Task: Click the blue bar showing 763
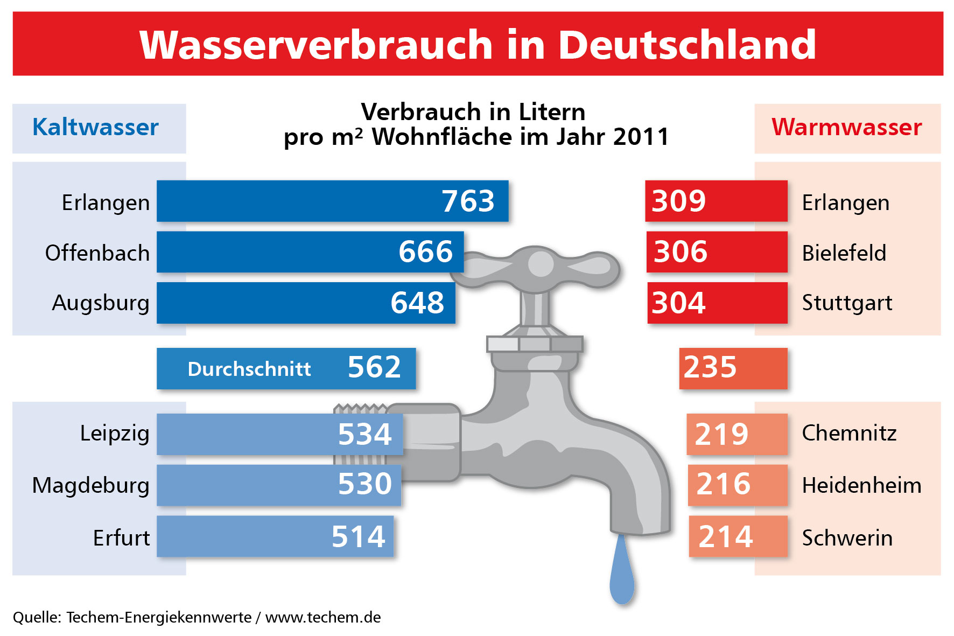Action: (x=332, y=201)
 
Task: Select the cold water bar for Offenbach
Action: (x=310, y=252)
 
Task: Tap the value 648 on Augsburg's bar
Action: (x=417, y=303)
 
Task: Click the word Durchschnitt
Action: (x=249, y=369)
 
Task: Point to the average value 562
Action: (x=374, y=368)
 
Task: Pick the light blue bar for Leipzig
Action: (x=279, y=434)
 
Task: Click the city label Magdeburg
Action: (x=90, y=485)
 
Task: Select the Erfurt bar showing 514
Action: (x=275, y=536)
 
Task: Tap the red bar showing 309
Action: (x=716, y=201)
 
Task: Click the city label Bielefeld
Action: (x=844, y=253)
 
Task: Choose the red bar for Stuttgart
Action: (x=717, y=303)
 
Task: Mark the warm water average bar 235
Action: (x=733, y=368)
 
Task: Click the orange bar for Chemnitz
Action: (x=736, y=434)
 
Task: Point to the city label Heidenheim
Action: (x=861, y=486)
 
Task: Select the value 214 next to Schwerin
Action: (x=725, y=537)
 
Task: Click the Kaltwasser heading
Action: (x=96, y=128)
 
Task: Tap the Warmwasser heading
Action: (x=847, y=128)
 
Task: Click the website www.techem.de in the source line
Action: (x=323, y=617)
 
